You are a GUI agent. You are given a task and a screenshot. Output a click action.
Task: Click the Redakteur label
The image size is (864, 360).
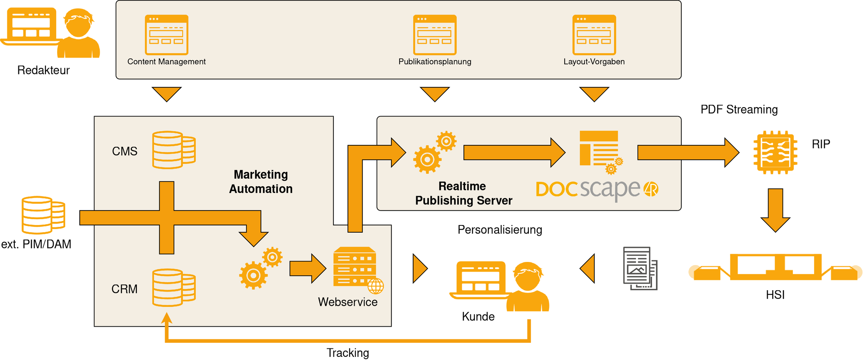[x=43, y=70]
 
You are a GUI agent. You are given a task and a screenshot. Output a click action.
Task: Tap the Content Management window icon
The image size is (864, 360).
[x=166, y=35]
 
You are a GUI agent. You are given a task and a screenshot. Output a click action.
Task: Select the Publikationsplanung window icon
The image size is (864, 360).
[x=435, y=35]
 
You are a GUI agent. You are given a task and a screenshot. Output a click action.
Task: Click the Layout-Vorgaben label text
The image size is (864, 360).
[x=594, y=62]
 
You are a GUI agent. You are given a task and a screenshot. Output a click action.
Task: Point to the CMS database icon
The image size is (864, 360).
[x=173, y=150]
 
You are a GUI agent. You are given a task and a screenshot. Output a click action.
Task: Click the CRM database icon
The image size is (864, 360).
[x=173, y=288]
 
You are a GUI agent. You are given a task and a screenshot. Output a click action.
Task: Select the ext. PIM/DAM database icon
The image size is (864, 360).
[x=43, y=215]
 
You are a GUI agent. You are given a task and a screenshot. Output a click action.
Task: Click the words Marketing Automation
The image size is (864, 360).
[x=261, y=182]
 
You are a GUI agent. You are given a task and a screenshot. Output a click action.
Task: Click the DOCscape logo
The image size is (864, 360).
[x=597, y=189]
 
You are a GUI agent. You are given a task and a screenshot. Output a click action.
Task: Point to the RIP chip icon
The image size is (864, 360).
[x=775, y=153]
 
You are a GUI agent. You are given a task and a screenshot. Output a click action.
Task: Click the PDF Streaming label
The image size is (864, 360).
[x=739, y=109]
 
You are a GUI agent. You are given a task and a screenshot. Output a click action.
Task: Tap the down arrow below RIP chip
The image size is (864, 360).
[x=775, y=210]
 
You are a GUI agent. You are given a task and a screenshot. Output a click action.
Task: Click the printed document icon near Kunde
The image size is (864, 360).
[x=640, y=268]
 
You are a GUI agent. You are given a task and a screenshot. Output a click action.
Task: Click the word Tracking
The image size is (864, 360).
[x=347, y=353]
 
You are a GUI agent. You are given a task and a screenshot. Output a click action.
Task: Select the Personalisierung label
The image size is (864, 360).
[x=499, y=230]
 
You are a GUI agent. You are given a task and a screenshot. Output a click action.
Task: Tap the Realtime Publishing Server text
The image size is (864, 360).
[x=463, y=193]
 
